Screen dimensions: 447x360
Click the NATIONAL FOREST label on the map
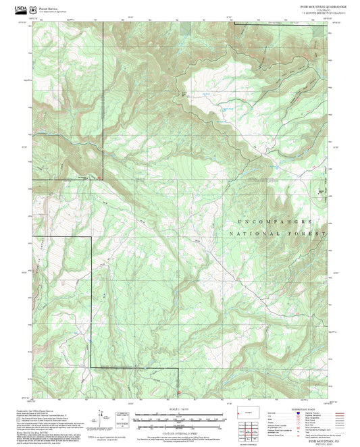point(278,233)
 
